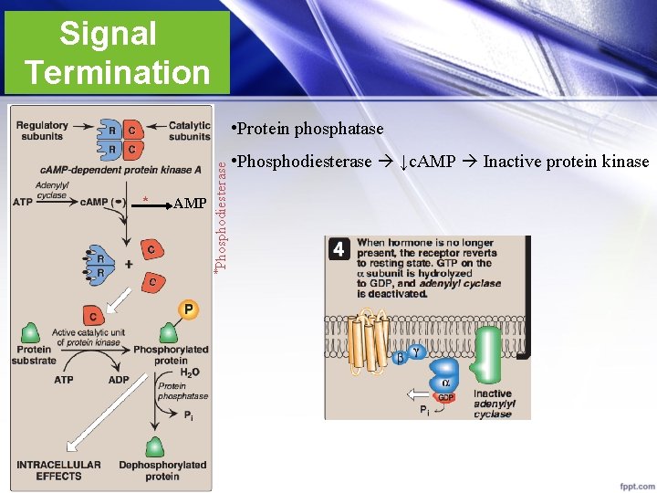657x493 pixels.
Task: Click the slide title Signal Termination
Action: pos(116,52)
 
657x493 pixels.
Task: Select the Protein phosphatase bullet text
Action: pos(309,129)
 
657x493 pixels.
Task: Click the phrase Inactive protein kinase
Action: pos(566,162)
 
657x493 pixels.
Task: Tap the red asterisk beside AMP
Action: pos(146,200)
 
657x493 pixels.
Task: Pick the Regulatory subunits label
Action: pos(42,131)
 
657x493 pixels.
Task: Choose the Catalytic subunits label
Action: pos(190,131)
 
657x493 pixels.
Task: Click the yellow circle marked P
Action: pos(187,310)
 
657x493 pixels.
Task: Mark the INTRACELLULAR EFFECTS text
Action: pos(58,470)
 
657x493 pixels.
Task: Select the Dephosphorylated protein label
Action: pos(162,470)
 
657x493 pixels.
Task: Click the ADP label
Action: pos(119,380)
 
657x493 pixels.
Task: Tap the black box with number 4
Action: pos(339,249)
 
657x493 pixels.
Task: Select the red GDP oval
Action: pos(445,397)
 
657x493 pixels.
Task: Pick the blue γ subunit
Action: pos(416,351)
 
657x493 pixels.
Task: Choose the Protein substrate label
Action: pos(34,354)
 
